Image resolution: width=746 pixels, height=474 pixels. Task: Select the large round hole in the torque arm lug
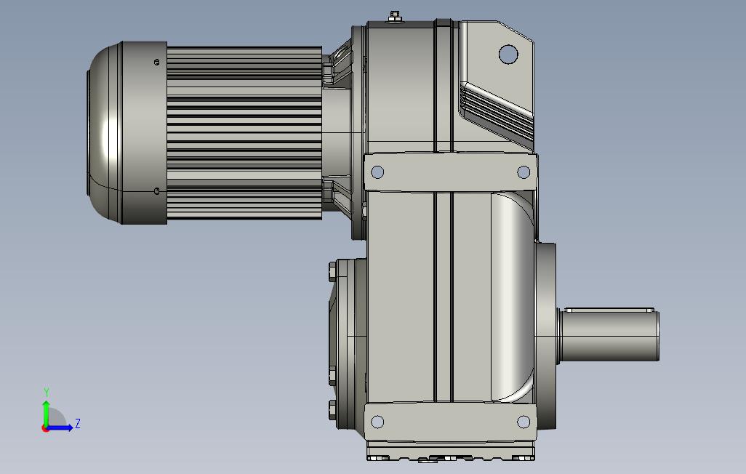tap(508, 54)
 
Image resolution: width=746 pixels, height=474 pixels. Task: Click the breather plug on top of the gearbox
tap(394, 17)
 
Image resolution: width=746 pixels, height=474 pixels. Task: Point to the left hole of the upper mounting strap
tap(377, 172)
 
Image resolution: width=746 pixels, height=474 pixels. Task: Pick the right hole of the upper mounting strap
tap(524, 172)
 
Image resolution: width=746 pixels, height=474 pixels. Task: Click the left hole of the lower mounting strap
tap(377, 422)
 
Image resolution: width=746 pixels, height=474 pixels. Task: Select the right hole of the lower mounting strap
tap(524, 422)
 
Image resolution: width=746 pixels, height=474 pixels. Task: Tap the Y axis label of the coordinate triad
tap(47, 393)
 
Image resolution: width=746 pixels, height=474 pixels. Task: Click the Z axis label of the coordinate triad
tap(78, 423)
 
